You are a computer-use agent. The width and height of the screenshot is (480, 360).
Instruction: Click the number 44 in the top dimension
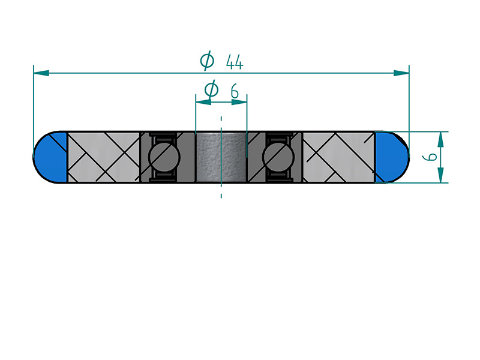tap(235, 61)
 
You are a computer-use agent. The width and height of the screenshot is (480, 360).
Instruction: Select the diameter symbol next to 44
tap(207, 60)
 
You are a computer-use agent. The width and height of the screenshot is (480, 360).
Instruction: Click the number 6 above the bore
tap(235, 91)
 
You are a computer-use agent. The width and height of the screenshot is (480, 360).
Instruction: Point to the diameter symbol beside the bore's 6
tap(211, 90)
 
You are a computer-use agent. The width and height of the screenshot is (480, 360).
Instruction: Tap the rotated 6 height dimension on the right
tap(428, 157)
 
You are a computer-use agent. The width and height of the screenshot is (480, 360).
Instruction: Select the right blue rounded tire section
tap(391, 157)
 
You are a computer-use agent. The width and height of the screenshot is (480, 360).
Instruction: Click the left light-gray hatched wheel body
tap(103, 157)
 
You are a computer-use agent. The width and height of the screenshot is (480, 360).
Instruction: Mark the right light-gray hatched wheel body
tap(338, 157)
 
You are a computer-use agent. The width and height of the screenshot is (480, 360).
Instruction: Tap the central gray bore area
tap(221, 157)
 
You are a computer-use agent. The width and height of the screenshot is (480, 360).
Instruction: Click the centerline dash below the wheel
tap(221, 195)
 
